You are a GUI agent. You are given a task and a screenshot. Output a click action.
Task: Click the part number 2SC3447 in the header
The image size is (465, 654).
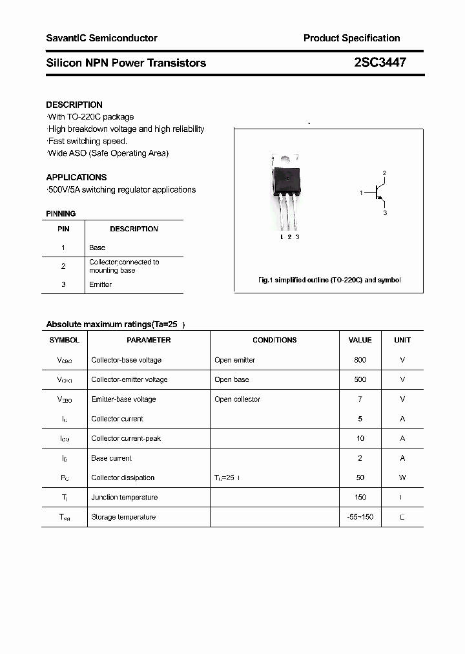point(380,63)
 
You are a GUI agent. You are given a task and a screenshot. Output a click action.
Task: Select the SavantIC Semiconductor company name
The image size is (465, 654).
point(101,38)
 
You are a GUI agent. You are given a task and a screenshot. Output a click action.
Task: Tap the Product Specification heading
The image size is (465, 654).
point(351,38)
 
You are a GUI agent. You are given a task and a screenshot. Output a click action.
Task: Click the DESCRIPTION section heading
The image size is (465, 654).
point(74,105)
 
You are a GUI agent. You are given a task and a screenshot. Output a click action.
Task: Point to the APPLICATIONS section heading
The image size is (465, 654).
point(76,177)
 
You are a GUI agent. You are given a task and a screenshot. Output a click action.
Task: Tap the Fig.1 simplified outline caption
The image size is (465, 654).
point(329,280)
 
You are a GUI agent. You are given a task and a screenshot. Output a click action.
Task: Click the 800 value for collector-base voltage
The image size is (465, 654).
point(360,360)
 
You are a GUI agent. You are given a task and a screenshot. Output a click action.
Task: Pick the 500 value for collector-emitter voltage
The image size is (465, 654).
point(360,379)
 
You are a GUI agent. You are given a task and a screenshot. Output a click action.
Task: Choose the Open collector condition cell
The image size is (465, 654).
point(237,399)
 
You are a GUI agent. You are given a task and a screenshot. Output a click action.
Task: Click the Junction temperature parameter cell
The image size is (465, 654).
point(124,498)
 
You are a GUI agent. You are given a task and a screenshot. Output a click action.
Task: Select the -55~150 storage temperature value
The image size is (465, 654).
point(360,517)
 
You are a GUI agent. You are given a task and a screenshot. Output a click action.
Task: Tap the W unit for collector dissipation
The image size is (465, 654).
point(402,478)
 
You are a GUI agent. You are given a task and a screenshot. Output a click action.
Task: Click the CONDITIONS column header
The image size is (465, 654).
point(274,340)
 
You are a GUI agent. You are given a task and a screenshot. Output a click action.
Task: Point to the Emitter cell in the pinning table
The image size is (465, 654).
point(100,284)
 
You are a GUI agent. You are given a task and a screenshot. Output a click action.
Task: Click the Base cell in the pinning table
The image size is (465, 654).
point(97,248)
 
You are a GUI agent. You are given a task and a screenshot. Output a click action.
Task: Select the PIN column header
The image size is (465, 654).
point(63,229)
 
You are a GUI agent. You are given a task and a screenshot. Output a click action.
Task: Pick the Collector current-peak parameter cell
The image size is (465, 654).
point(126,439)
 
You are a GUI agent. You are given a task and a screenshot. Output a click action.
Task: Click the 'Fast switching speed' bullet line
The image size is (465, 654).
point(88,141)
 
